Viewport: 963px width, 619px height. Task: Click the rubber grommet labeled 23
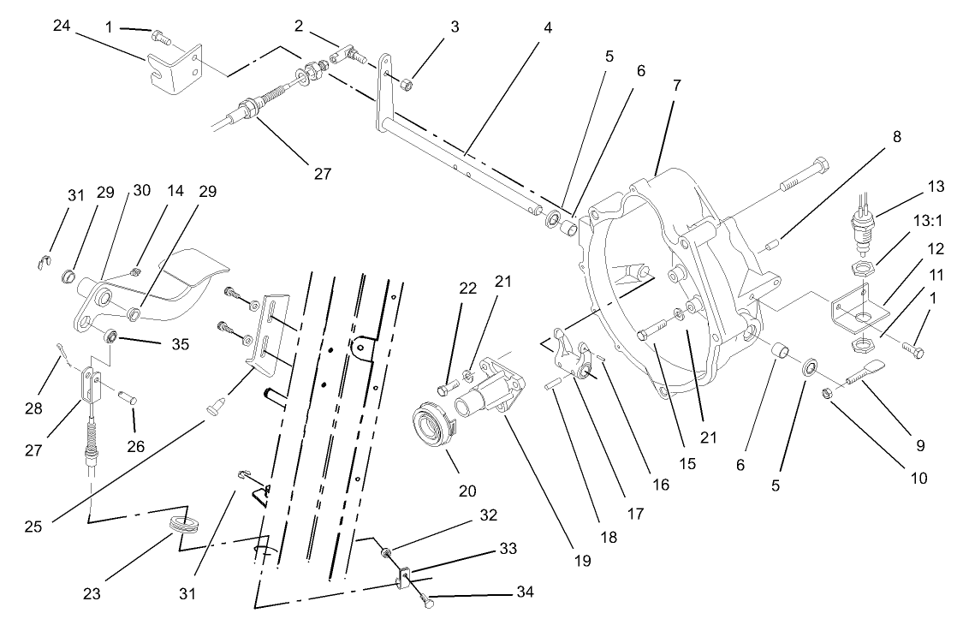pos(183,523)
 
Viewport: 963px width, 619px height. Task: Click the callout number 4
pos(547,27)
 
